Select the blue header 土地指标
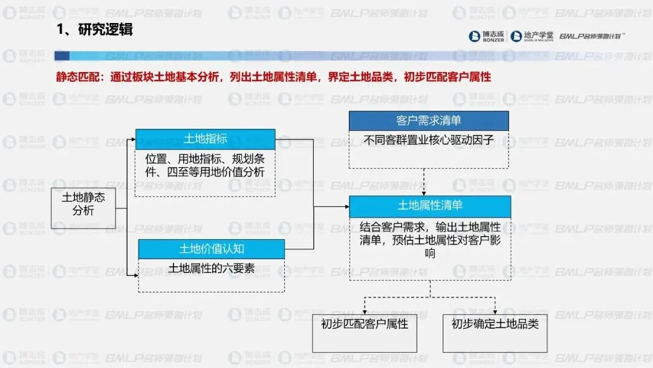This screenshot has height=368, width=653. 205,139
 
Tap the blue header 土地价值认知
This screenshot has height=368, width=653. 211,249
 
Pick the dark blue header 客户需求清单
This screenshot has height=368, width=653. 429,120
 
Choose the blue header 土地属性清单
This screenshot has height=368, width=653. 430,206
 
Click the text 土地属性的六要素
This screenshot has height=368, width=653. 211,268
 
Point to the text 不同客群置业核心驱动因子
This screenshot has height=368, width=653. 429,140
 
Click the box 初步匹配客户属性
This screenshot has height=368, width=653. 365,324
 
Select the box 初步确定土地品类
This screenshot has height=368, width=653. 495,324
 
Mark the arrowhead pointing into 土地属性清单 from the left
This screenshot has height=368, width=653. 346,207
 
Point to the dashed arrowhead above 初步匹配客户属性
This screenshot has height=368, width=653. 365,309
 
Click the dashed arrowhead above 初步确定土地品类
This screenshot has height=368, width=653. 495,309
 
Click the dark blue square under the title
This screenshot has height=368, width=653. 61,56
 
